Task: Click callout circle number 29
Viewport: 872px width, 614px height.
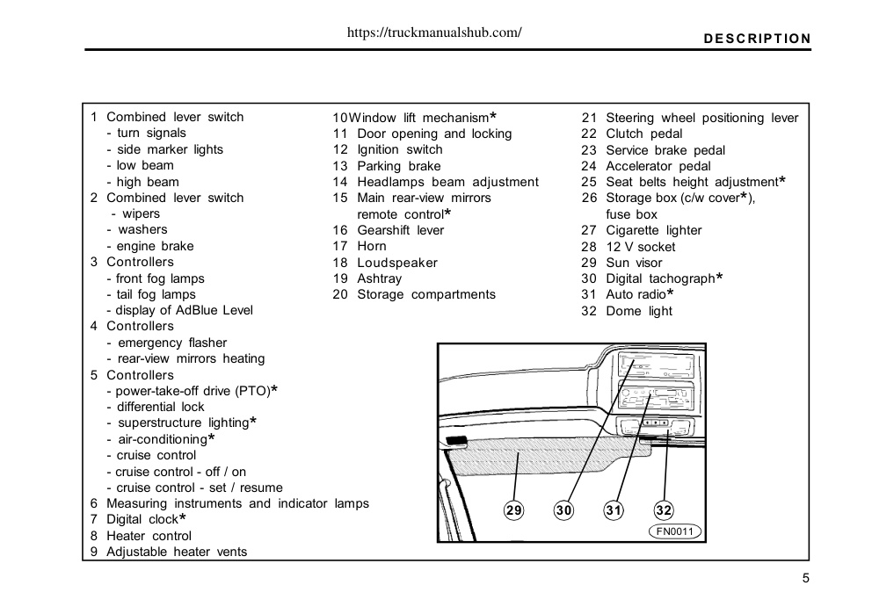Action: coord(513,509)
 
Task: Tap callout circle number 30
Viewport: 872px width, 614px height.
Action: coord(563,509)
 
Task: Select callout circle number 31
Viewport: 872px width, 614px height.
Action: coord(614,509)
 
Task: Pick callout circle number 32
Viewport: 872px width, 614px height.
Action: coord(664,509)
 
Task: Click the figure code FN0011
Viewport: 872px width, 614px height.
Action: coord(674,531)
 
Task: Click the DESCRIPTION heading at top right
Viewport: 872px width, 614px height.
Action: coord(757,39)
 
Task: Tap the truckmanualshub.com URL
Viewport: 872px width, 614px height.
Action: coord(434,33)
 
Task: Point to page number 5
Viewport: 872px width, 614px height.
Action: coord(806,579)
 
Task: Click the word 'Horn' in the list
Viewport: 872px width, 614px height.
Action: coord(372,246)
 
